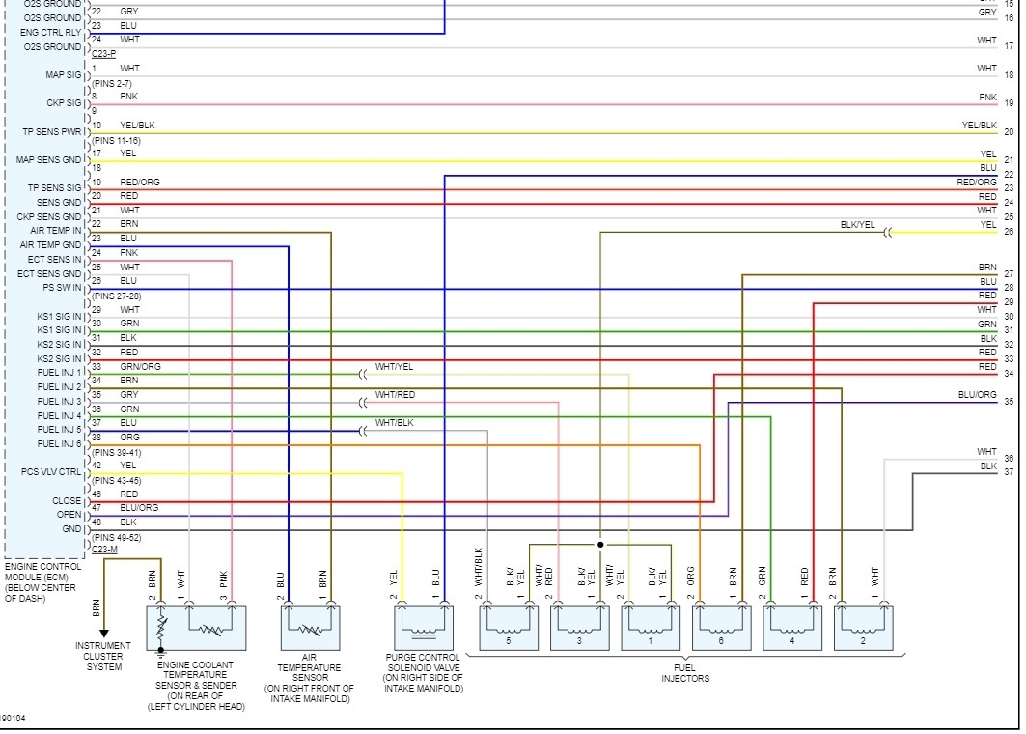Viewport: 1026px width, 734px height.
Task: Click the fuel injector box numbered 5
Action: pyautogui.click(x=510, y=628)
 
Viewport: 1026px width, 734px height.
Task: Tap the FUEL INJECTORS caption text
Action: pyautogui.click(x=685, y=673)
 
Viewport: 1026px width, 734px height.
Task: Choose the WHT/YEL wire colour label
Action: pyautogui.click(x=395, y=367)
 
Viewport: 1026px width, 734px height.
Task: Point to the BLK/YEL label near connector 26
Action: pyautogui.click(x=857, y=225)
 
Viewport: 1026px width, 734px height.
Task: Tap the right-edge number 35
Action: pyautogui.click(x=1009, y=402)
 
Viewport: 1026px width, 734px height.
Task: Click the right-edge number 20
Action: pyautogui.click(x=1009, y=132)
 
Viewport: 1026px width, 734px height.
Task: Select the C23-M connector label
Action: pyautogui.click(x=103, y=549)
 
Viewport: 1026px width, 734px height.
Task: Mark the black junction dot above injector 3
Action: pyautogui.click(x=600, y=544)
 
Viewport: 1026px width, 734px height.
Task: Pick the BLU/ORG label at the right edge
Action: pyautogui.click(x=977, y=395)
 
